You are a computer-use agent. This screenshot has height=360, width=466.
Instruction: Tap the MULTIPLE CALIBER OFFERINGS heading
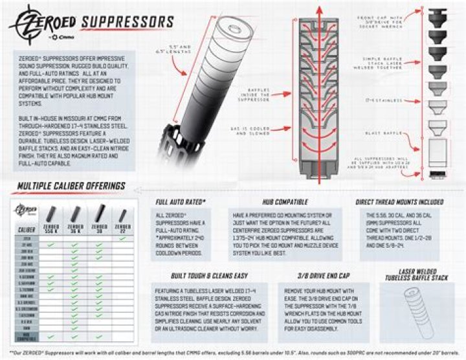click(x=63, y=186)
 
